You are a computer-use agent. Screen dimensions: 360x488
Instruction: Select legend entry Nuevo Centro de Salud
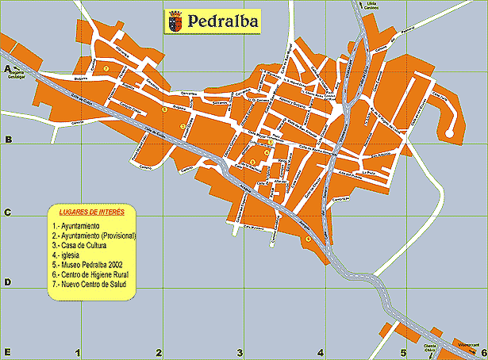(x=90, y=282)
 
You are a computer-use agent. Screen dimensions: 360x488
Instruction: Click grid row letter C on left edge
(x=7, y=213)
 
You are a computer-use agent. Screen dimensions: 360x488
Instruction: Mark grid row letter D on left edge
(x=7, y=282)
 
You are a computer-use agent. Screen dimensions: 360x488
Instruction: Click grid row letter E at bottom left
(x=7, y=352)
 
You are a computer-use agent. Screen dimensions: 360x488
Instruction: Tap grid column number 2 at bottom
(x=159, y=352)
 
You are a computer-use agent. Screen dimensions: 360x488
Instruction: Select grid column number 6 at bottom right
(x=482, y=352)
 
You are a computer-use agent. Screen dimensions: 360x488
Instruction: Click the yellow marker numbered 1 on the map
(x=106, y=70)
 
